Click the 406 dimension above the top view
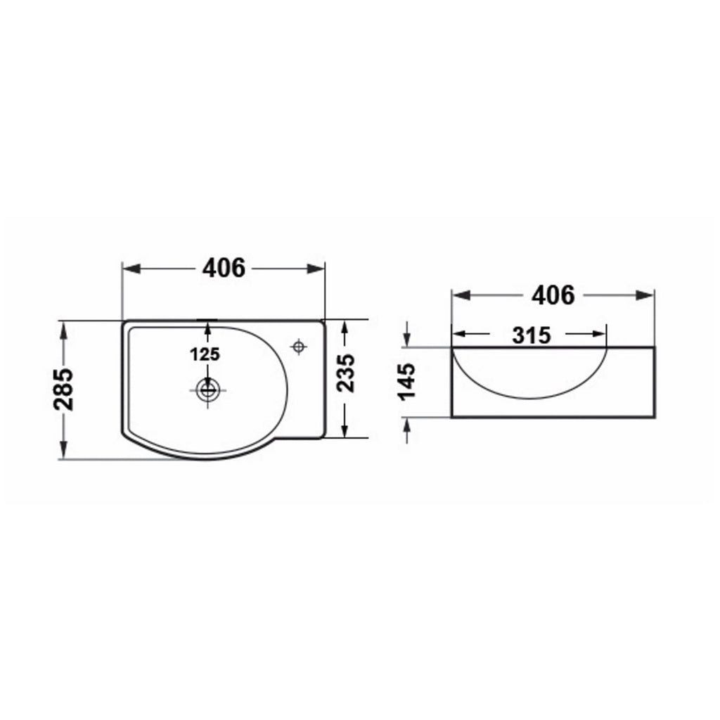[x=224, y=268]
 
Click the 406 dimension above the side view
[x=553, y=295]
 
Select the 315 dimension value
[x=532, y=335]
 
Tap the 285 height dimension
[x=63, y=389]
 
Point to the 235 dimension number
[x=346, y=373]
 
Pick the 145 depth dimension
[x=406, y=382]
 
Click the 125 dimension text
[x=205, y=354]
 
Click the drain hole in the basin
[x=207, y=390]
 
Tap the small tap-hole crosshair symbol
[x=299, y=347]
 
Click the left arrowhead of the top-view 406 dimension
[x=131, y=269]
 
